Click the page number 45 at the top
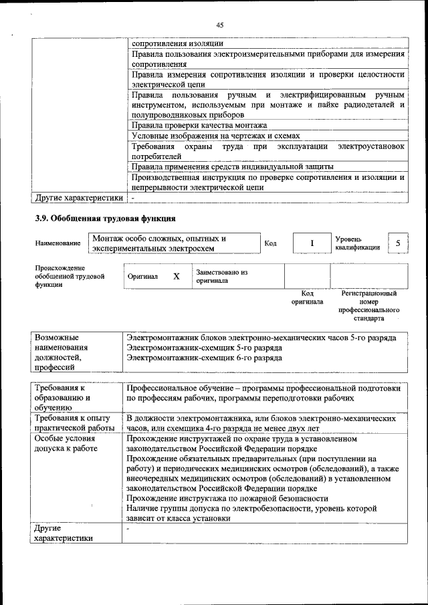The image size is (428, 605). click(x=219, y=25)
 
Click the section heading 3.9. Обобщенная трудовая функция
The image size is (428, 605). click(x=105, y=218)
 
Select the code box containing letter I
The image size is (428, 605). click(x=311, y=243)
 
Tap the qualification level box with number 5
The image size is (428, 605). click(x=397, y=243)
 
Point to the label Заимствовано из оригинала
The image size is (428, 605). click(x=222, y=276)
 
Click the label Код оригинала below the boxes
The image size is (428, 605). click(x=307, y=297)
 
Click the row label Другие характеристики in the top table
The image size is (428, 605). click(x=79, y=198)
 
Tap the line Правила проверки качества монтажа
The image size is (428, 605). click(x=199, y=125)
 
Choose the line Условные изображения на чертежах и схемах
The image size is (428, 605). click(x=213, y=136)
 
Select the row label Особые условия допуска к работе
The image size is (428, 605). click(x=65, y=445)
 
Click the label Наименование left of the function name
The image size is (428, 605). click(x=58, y=243)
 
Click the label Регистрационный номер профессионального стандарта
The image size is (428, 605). click(x=368, y=306)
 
